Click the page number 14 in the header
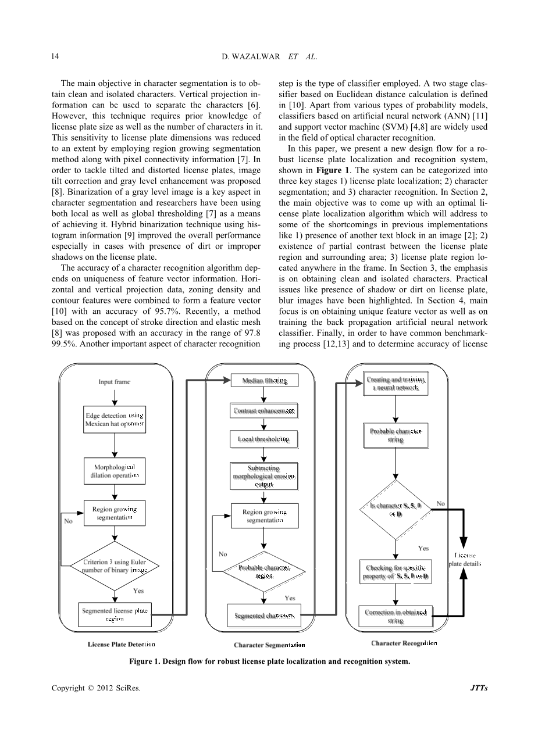click(55, 56)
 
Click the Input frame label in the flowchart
click(114, 382)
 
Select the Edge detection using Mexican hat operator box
click(115, 420)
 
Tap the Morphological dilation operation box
click(115, 471)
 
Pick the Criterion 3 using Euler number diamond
click(115, 566)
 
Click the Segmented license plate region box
click(115, 614)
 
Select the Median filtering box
click(265, 381)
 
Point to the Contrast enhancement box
click(265, 411)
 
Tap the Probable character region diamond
click(265, 571)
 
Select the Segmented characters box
click(265, 616)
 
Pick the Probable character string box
click(396, 436)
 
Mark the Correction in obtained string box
click(396, 616)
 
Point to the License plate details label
click(465, 560)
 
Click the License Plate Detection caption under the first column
click(122, 644)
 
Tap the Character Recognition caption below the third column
click(404, 643)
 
